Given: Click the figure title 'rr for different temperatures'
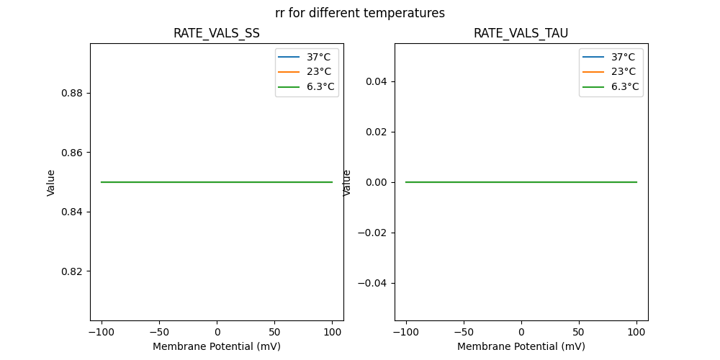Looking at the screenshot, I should click(x=360, y=13).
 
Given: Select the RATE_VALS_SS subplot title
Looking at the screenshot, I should click(x=217, y=33).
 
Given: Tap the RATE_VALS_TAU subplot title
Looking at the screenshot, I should click(x=521, y=33).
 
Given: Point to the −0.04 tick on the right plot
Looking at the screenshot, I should click(x=373, y=283).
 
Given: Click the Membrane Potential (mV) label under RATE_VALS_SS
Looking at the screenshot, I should click(x=217, y=346).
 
